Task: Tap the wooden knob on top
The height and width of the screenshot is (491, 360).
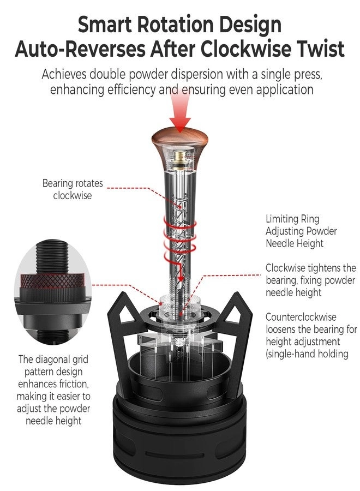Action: (179, 139)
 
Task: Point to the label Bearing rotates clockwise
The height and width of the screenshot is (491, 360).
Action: (73, 189)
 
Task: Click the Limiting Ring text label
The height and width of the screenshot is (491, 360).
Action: (293, 219)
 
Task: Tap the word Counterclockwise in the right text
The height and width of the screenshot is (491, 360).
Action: (301, 317)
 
